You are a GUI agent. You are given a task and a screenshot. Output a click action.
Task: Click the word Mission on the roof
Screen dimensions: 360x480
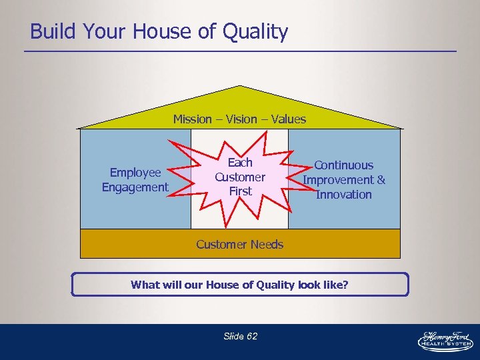(193, 119)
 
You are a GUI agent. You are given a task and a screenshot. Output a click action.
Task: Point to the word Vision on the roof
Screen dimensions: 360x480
(241, 119)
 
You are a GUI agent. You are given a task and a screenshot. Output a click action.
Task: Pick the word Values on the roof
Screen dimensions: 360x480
(288, 119)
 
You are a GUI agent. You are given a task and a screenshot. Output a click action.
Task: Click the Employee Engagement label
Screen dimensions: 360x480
(135, 180)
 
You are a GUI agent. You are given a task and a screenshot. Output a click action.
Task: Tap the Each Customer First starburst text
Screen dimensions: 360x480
(240, 177)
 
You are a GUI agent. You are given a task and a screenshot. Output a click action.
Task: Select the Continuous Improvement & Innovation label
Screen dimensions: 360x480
(344, 179)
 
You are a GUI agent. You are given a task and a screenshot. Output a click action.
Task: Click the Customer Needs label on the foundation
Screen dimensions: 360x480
(240, 244)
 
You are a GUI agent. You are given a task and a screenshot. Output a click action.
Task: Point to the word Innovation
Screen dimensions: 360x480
(344, 195)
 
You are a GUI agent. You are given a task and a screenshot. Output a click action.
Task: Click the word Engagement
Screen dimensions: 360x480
(135, 187)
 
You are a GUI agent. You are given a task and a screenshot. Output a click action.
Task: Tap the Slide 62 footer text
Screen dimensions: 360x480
(240, 336)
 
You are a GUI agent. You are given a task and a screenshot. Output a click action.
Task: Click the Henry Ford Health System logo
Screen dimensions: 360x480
(445, 339)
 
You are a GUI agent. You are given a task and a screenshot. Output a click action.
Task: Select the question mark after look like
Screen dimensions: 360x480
(345, 285)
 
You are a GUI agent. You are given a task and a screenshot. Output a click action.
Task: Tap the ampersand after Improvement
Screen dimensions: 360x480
(381, 180)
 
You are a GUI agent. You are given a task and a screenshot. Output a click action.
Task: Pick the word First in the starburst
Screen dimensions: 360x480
(240, 191)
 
